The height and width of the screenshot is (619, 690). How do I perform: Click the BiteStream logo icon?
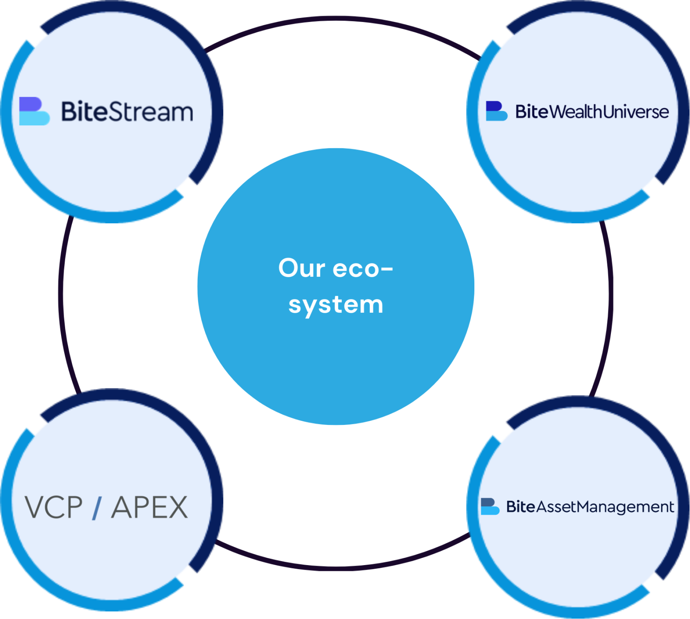[34, 111]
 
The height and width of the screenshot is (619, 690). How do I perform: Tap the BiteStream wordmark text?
[127, 112]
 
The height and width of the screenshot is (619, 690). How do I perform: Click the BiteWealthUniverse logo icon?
[496, 111]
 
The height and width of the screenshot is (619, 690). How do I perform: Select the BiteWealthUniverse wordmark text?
[592, 112]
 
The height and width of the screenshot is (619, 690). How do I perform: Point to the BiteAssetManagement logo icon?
[490, 506]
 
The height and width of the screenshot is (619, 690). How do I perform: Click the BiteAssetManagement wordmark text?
[590, 507]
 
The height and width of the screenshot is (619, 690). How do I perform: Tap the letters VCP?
[54, 508]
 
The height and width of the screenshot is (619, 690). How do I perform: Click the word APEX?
[150, 508]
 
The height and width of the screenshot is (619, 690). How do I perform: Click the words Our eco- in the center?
[336, 268]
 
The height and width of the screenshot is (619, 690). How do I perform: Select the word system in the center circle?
[336, 305]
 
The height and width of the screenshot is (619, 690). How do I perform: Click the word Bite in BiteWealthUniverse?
[532, 112]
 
